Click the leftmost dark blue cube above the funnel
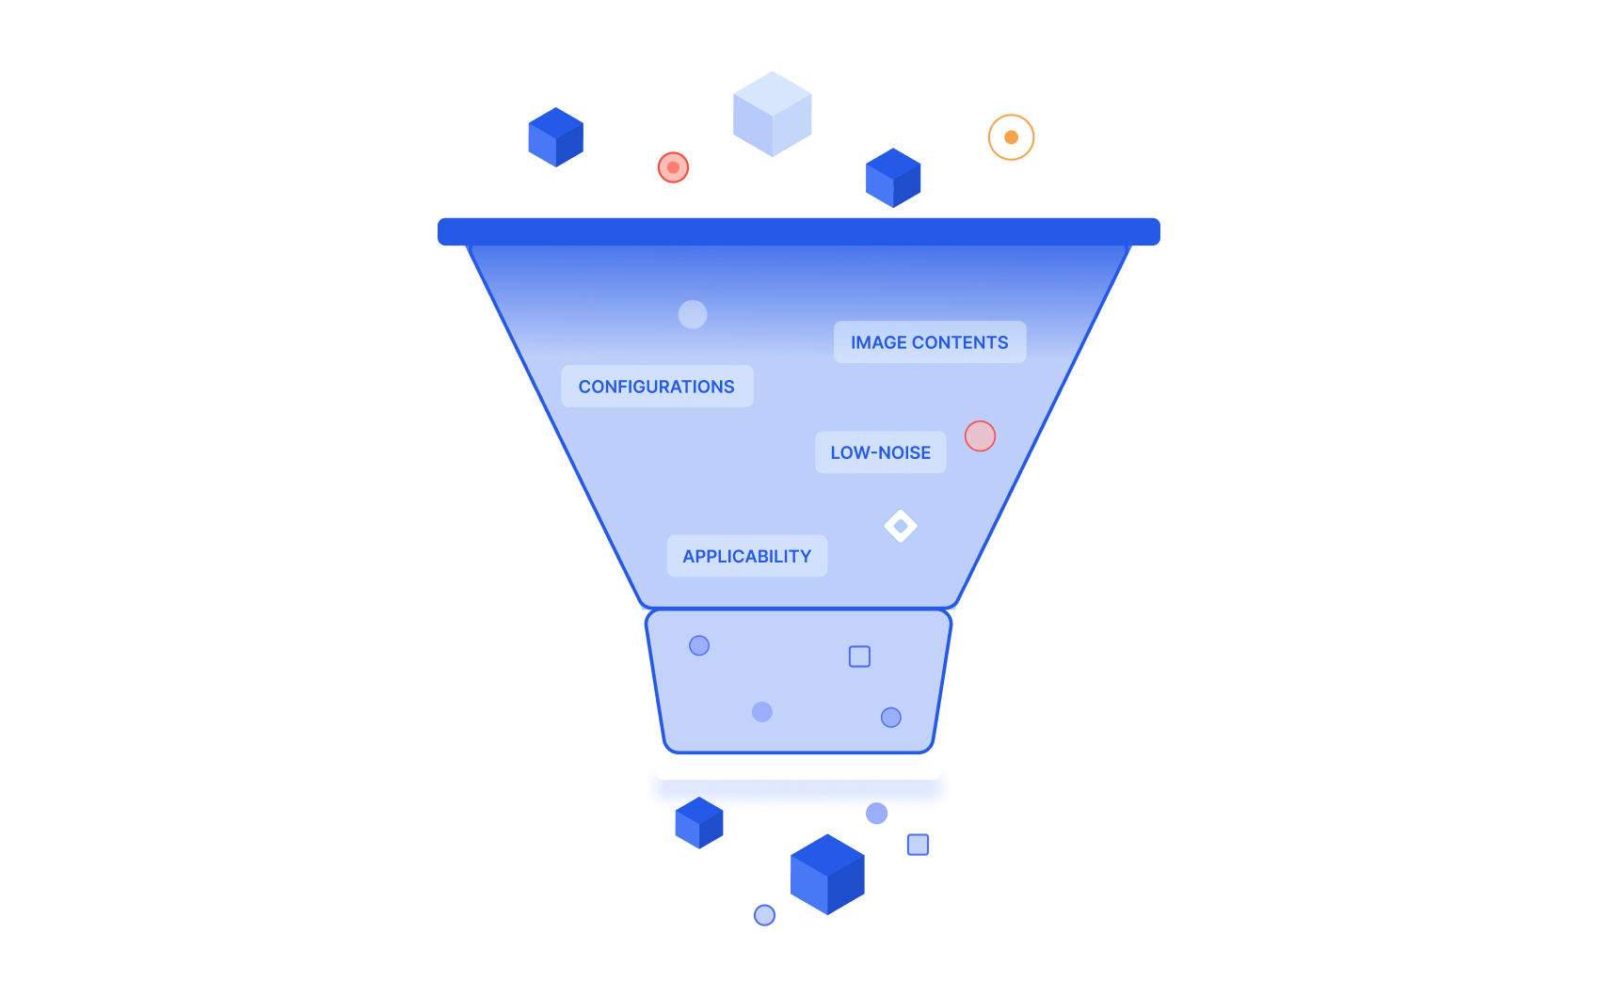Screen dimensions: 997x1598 (x=555, y=137)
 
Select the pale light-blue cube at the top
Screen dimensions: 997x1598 (x=772, y=114)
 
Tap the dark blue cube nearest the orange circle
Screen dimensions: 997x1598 (x=893, y=178)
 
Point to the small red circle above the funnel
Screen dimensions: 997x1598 (x=673, y=167)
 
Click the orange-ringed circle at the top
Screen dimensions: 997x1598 (x=1011, y=137)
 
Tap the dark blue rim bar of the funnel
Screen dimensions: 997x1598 (x=798, y=231)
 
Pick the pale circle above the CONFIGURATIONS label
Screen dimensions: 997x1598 (x=693, y=314)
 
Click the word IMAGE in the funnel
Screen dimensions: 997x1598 (x=879, y=342)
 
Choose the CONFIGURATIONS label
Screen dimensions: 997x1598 (x=657, y=387)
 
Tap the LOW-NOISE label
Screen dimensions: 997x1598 (x=880, y=452)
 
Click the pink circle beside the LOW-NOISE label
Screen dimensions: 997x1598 (x=980, y=435)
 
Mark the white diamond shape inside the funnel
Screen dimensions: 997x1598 (x=901, y=526)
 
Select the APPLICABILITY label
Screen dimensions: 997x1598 (x=747, y=556)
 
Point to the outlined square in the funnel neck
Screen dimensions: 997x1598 (x=859, y=657)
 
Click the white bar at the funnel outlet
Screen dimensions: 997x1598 (x=798, y=768)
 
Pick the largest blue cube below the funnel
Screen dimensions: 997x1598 (x=827, y=875)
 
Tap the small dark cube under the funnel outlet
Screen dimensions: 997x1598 (x=699, y=823)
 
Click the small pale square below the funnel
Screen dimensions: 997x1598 (x=918, y=845)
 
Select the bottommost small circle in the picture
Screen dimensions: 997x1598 (x=764, y=914)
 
